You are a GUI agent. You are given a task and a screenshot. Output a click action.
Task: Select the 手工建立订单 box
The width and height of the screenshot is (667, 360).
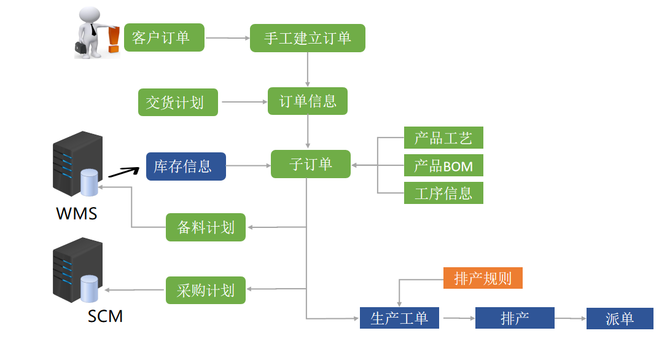[308, 38]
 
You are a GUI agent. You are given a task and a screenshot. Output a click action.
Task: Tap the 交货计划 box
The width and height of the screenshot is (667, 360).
[178, 102]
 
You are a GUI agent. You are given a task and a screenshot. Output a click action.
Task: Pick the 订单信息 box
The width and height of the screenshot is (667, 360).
[308, 101]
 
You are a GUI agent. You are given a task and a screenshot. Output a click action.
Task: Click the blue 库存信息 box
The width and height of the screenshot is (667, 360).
[186, 166]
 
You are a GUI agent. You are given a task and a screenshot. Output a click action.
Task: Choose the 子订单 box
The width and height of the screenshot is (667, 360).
[311, 164]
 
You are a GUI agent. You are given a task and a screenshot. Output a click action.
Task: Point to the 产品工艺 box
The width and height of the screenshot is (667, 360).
[443, 138]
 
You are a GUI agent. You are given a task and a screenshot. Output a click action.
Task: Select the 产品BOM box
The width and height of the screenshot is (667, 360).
[443, 165]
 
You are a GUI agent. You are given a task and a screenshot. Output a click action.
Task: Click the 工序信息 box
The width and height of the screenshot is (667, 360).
[443, 193]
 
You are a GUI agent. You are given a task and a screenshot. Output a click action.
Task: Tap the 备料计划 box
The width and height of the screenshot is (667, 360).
[206, 227]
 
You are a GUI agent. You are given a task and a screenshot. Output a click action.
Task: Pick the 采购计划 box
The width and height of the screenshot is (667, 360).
[206, 290]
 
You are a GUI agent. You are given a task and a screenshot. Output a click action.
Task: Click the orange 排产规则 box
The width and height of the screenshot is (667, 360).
[483, 278]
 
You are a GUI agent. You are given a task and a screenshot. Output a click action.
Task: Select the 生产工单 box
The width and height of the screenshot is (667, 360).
[399, 318]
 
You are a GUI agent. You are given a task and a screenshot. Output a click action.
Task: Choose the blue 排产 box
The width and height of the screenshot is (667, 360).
[515, 318]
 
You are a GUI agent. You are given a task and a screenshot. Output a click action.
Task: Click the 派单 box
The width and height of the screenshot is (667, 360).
[620, 319]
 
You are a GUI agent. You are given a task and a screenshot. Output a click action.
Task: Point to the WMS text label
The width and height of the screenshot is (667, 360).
[77, 214]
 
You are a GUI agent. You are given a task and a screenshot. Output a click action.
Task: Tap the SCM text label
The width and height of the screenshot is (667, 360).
[105, 316]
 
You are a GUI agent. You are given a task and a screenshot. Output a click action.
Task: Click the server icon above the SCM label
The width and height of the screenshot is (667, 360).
[77, 270]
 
